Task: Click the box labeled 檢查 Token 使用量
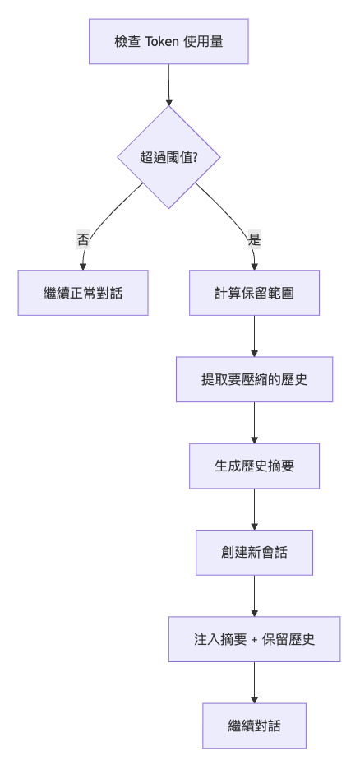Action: point(168,41)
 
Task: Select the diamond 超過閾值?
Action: point(168,157)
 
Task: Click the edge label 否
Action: point(83,240)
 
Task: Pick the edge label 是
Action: point(254,240)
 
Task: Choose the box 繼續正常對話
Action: point(83,293)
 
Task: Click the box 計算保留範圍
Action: point(254,293)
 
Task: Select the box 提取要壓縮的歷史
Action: point(254,379)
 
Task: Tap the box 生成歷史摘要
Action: point(254,466)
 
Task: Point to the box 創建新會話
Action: point(254,552)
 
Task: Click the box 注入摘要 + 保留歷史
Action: point(254,639)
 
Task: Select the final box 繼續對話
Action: point(254,726)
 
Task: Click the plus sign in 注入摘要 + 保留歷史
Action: point(254,640)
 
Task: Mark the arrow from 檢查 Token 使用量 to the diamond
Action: point(168,85)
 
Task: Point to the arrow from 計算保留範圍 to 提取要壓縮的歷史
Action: point(254,336)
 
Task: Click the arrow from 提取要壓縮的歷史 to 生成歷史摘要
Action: point(254,423)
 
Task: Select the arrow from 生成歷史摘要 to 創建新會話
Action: point(254,509)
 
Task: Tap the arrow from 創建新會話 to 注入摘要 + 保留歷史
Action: point(254,596)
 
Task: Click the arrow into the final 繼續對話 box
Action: point(254,683)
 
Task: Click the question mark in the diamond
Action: point(195,157)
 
